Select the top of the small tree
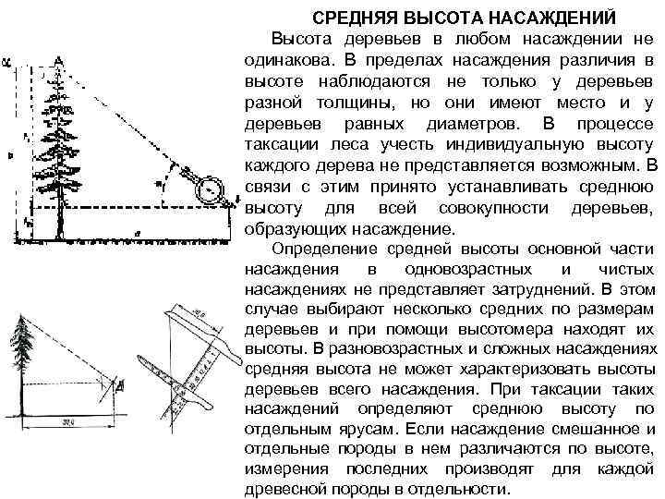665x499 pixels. tap(22, 316)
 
